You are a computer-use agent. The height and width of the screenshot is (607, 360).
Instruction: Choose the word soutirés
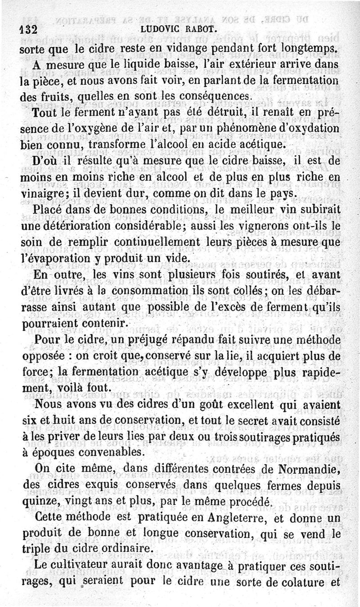pos(238,275)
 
